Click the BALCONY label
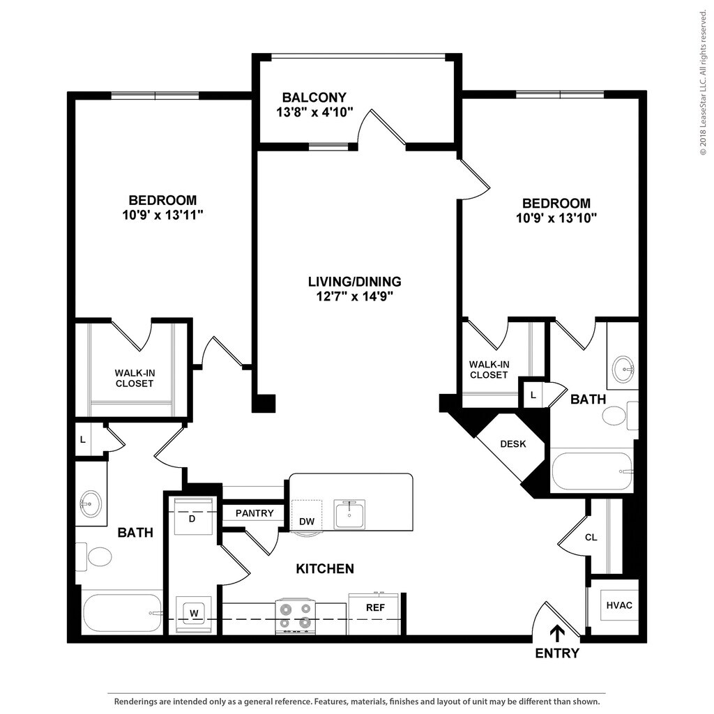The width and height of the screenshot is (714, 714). tap(314, 98)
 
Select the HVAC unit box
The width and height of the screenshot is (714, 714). tap(619, 605)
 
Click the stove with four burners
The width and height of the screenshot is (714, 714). tap(296, 616)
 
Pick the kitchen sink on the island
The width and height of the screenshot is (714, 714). tap(349, 515)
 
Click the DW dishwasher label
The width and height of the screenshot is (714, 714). tap(307, 522)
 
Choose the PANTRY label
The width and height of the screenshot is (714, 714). tap(255, 513)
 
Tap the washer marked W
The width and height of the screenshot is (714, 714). tap(194, 614)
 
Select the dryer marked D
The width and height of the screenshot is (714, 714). tap(193, 517)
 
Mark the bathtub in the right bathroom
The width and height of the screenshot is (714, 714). tap(592, 471)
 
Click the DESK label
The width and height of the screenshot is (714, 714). tap(513, 443)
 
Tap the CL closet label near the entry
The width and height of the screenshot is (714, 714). tap(591, 538)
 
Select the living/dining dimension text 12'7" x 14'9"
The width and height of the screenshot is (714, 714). tap(355, 297)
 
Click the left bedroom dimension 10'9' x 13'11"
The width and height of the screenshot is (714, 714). tap(162, 215)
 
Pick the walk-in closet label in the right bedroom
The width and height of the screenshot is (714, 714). tap(489, 370)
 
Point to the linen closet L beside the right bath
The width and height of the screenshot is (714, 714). tap(533, 395)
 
